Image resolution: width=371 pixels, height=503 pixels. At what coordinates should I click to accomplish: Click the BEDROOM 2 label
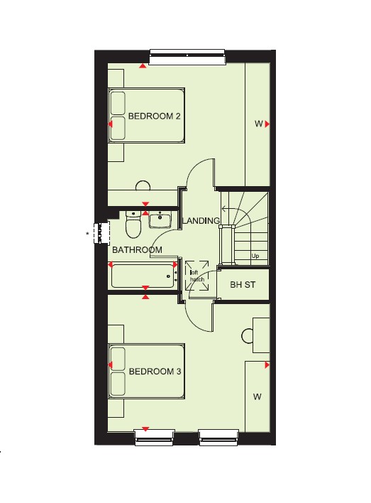154,116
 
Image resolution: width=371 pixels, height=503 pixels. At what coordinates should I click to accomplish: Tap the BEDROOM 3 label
155,372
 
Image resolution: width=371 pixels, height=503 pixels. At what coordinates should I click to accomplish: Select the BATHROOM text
137,250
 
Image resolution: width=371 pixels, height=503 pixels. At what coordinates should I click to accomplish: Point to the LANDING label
201,221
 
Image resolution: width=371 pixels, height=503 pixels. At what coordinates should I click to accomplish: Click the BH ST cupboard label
243,285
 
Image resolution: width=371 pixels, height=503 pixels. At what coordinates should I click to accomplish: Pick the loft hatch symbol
197,276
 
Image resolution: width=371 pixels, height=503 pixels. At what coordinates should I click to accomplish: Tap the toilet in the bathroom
133,224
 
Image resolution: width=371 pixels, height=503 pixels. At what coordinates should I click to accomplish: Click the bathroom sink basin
160,220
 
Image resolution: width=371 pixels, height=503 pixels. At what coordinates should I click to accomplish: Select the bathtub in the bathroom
143,276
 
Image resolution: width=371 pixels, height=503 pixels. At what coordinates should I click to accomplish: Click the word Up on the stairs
255,256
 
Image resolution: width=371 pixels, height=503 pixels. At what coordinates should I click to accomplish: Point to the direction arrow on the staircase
233,210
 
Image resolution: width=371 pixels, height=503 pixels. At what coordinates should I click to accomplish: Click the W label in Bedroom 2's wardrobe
258,124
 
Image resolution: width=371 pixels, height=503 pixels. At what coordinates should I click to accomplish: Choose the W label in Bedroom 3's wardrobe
258,397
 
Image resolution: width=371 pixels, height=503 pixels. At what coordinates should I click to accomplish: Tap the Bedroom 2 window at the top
187,57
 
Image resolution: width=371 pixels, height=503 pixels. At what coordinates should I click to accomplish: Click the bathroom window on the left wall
101,233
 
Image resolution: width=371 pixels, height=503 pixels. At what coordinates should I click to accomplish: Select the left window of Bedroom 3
155,438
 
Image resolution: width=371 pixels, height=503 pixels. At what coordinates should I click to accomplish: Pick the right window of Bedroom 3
218,438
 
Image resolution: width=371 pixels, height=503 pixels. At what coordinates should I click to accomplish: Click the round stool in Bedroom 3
248,336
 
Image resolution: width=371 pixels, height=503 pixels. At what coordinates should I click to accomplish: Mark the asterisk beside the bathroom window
87,234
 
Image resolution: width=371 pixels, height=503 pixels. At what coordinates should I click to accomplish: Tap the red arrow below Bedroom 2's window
143,66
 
